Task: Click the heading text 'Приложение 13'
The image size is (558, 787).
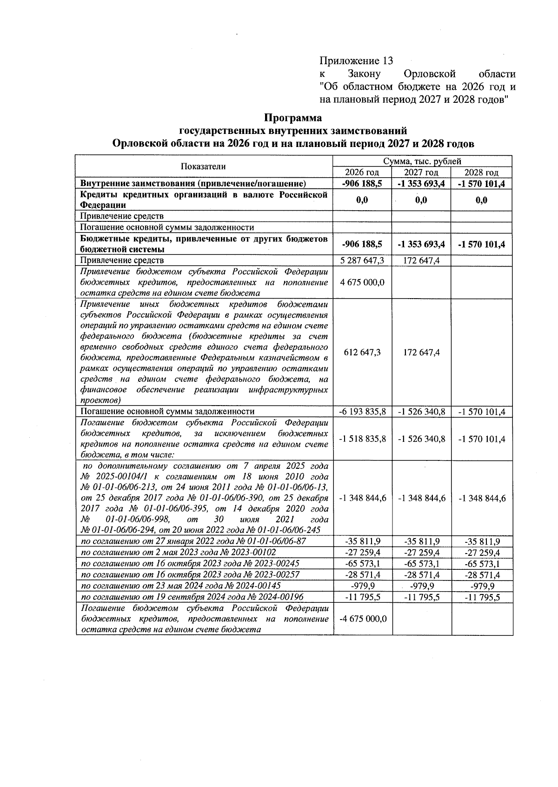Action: coord(356,61)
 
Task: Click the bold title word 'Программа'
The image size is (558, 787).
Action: coord(293,118)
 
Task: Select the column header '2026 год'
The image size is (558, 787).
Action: coord(362,172)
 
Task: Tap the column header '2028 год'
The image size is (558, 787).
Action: coord(482,172)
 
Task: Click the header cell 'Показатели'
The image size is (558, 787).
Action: coord(203,167)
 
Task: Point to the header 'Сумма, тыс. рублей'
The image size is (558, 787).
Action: coord(422,161)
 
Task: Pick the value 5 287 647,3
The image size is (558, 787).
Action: coord(362,260)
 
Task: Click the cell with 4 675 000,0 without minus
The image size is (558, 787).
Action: coord(362,282)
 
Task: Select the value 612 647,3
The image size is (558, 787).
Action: coord(362,352)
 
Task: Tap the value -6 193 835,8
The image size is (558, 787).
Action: coord(362,412)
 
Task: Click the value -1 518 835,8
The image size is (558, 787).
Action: coord(362,439)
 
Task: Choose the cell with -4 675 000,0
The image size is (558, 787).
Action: coord(362,619)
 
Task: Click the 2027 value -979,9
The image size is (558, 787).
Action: coord(422,586)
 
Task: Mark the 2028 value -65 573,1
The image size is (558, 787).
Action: coord(482,564)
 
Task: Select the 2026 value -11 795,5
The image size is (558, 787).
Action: coord(362,597)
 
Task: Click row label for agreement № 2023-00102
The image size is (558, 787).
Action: coord(179,553)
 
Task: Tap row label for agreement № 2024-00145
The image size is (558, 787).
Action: coord(181,586)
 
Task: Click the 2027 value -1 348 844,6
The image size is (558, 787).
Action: coord(422,498)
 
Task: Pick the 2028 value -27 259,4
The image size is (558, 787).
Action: coord(482,553)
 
